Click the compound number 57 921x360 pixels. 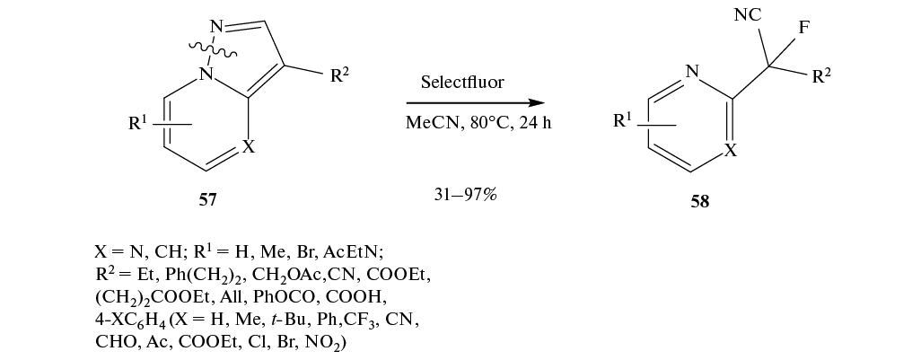pos(207,199)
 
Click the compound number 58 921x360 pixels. pos(700,201)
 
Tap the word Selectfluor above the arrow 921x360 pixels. pos(462,83)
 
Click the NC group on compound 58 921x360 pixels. pos(748,15)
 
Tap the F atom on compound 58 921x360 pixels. pos(803,28)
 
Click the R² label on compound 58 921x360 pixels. pos(821,75)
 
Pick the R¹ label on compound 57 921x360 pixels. pos(138,124)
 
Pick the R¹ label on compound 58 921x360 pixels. pos(623,121)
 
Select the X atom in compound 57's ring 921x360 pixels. pos(249,147)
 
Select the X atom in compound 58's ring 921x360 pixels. pos(730,151)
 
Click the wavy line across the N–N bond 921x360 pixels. pos(214,50)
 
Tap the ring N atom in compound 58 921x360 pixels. pos(692,72)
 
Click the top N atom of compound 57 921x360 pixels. pos(216,26)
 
